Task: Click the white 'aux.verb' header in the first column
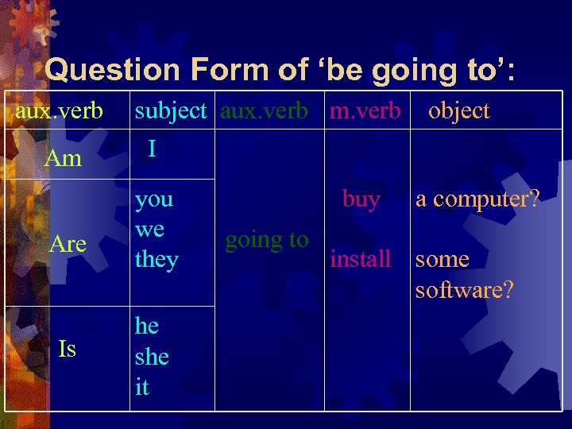point(59,111)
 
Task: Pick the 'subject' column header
point(171,111)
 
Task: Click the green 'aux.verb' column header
point(265,111)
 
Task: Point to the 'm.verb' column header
point(365,111)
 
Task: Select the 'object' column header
point(458,111)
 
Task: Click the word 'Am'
point(64,158)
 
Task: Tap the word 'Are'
point(68,244)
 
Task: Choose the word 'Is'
point(68,349)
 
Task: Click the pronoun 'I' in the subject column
point(152,149)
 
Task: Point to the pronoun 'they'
point(157,260)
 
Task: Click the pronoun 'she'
point(152,357)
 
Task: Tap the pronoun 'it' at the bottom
point(142,387)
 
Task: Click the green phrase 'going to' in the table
point(267,239)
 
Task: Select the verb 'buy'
point(361,199)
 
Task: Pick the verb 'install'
point(361,259)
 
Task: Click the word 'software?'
point(465,290)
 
